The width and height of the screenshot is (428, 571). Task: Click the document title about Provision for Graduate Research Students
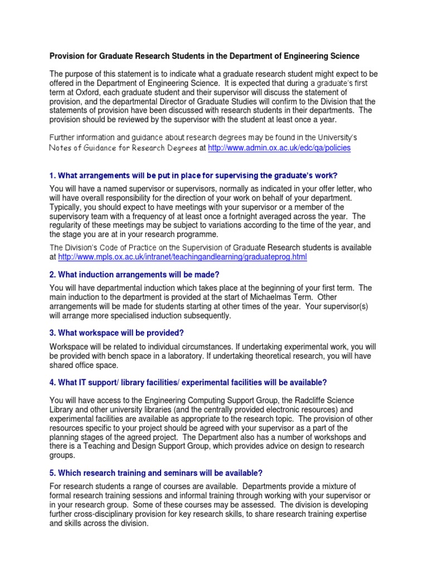tap(205, 56)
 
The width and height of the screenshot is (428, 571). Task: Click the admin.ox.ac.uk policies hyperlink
tap(279, 148)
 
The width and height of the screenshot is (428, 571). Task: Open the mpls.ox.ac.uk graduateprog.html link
tap(182, 257)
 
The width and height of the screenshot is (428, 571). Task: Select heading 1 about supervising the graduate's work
tap(194, 176)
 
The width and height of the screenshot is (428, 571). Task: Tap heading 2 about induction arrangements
tap(135, 274)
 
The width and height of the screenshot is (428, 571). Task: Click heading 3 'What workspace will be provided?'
tap(116, 333)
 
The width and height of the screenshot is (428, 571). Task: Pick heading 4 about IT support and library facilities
tap(188, 382)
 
